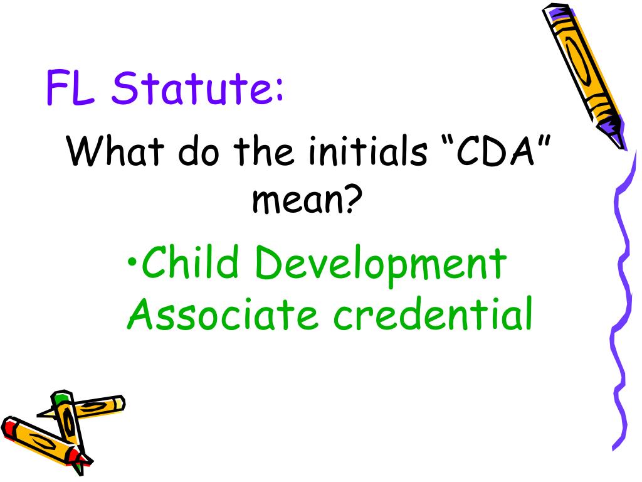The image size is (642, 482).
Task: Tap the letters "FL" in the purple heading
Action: point(71,88)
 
